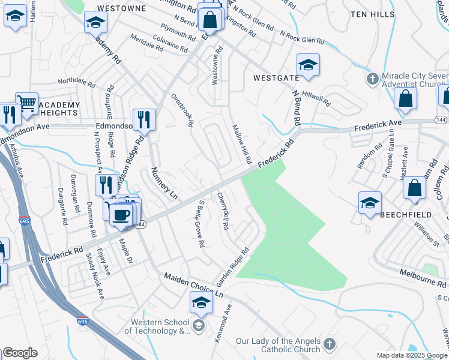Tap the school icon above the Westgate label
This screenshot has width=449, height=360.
pos(308,65)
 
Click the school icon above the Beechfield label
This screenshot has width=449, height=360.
pos(370,202)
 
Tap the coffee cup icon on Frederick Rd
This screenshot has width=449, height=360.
pos(121,214)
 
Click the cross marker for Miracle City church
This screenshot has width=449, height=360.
pos(372,79)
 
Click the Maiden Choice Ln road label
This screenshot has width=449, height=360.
pos(193,284)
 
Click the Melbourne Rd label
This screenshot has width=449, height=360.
pos(424,278)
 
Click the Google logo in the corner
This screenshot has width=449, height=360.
pos(20,353)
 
